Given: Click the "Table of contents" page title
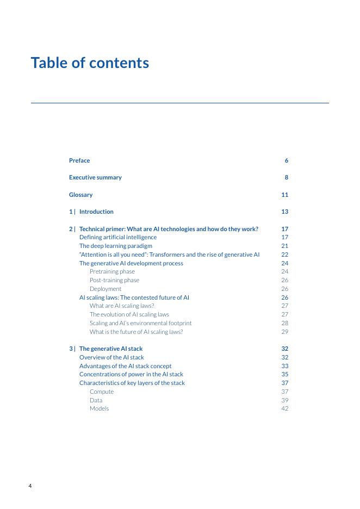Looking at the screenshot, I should pos(90,63).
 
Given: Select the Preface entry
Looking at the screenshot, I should pos(79,160).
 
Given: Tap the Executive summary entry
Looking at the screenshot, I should pos(95,177).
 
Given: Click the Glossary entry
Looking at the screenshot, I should pos(81,195).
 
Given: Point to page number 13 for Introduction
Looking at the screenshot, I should pos(284,212).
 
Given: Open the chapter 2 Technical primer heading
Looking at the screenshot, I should pos(169,229).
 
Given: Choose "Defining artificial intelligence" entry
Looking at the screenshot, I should pos(118,237).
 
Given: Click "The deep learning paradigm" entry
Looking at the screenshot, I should pos(116,246).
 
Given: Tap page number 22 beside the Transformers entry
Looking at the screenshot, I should pos(284,254).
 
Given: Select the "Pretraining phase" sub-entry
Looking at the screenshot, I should pos(112,271).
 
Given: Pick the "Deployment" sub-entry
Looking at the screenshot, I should pos(105,289).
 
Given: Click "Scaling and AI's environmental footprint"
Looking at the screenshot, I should pos(140,323).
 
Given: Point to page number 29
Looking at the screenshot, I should pos(284,332).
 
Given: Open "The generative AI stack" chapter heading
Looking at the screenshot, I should pos(111,349).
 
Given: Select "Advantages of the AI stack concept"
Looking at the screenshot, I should pos(125,366).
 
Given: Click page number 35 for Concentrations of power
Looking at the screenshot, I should pos(284,374).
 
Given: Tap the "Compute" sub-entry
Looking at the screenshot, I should pos(102,392).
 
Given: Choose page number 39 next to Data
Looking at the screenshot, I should pos(284,400).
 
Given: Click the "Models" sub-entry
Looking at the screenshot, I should pos(99,408).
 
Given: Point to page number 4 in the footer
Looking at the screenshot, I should pos(30,486).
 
